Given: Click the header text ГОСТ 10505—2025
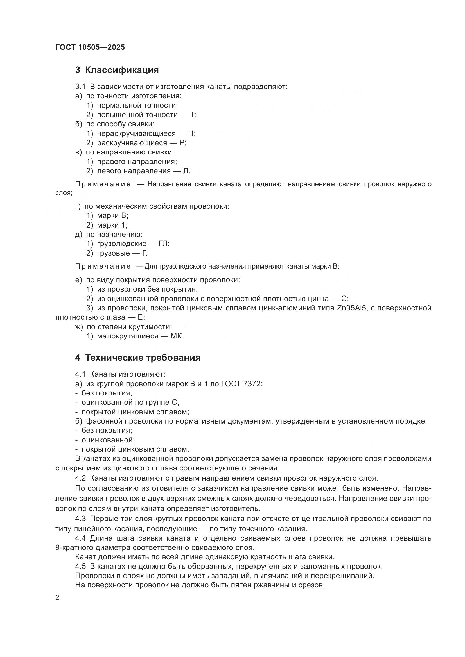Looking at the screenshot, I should [90, 47].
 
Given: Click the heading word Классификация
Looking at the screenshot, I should [122, 70].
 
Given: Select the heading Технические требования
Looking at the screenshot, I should [143, 358].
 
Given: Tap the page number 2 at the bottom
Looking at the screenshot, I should [57, 598].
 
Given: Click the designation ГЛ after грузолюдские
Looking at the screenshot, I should [164, 244].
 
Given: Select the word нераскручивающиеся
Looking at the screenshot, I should [136, 134].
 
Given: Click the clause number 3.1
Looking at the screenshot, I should [80, 87].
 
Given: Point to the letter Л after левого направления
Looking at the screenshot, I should [186, 171].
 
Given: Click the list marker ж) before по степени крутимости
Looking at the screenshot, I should [79, 327].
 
